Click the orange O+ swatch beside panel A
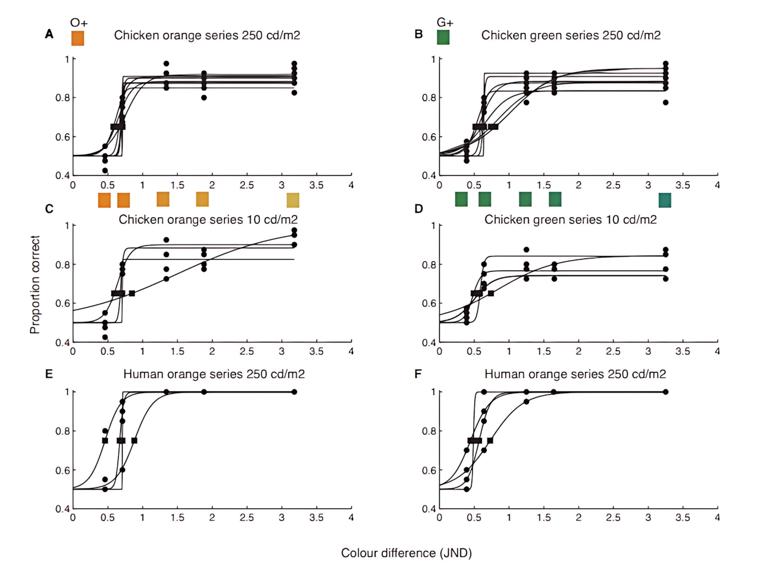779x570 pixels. pos(78,38)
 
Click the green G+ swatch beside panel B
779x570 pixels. pos(443,37)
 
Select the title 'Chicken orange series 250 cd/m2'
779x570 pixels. pos(207,35)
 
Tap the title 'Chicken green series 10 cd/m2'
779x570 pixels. pos(570,220)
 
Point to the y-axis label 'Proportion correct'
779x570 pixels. pos(35,284)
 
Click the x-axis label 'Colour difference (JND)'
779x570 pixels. pos(406,553)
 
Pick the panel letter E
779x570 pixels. pos(49,374)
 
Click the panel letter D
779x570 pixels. pos(419,209)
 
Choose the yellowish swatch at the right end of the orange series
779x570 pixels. pos(293,200)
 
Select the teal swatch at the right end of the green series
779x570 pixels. pos(664,200)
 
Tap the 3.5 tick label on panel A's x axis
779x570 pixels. pos(316,185)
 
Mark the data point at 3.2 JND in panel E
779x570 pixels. pos(294,392)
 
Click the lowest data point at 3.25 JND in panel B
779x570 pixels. pos(666,103)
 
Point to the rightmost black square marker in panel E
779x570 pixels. pos(134,440)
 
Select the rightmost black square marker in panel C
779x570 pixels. pos(132,293)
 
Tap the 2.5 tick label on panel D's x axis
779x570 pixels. pos(613,351)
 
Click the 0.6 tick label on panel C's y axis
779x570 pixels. pos(62,304)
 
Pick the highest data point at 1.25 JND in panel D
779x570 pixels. pos(526,250)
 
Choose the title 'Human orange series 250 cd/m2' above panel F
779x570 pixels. pos(575,374)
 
